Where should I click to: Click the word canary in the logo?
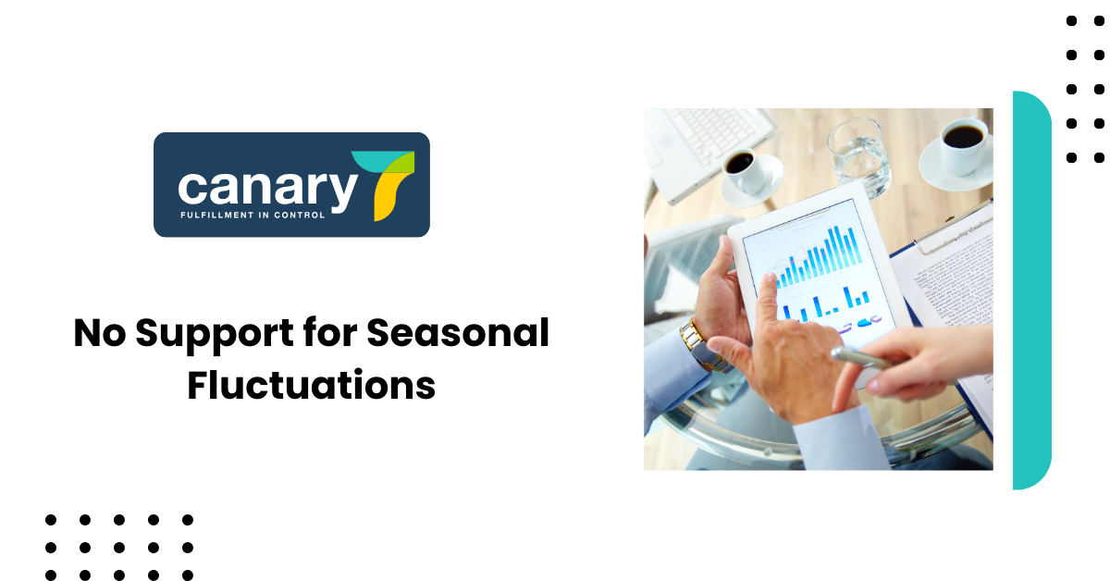(267, 190)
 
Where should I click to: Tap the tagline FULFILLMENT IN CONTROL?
(253, 216)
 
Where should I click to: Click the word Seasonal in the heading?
(458, 333)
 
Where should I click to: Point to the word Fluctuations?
(311, 385)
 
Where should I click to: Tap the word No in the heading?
(100, 333)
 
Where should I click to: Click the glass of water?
(858, 157)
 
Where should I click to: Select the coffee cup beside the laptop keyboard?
(744, 171)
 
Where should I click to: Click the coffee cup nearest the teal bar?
(962, 145)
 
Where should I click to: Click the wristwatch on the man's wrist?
(703, 347)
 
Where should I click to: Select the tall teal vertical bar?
(1031, 290)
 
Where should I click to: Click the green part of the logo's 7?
(401, 163)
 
